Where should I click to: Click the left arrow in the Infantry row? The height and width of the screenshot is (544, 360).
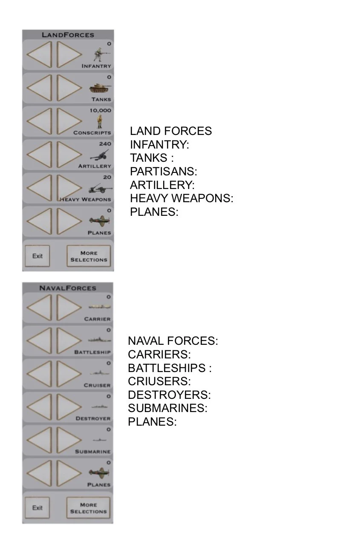click(39, 54)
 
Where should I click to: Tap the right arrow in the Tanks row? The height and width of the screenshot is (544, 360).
click(69, 88)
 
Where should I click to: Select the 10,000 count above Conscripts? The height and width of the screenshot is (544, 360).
click(101, 111)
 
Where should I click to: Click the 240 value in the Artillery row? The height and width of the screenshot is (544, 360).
click(105, 144)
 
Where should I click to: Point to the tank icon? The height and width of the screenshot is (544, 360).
click(100, 88)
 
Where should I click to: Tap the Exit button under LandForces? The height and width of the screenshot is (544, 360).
click(37, 256)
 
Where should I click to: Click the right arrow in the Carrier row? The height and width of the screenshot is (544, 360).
click(69, 307)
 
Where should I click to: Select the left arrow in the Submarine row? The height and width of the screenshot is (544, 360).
click(39, 440)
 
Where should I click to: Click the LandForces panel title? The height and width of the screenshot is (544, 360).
click(68, 35)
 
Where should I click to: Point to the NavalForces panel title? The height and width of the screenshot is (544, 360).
click(68, 288)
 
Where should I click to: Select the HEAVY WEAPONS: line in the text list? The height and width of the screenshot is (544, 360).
click(181, 198)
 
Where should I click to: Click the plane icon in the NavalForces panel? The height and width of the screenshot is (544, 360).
click(99, 472)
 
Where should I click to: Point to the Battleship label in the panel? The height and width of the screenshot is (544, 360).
click(92, 352)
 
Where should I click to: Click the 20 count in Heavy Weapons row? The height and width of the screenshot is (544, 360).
click(107, 177)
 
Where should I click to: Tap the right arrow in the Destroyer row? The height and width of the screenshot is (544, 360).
click(69, 407)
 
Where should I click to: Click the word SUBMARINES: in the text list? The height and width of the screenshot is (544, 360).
click(168, 408)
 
